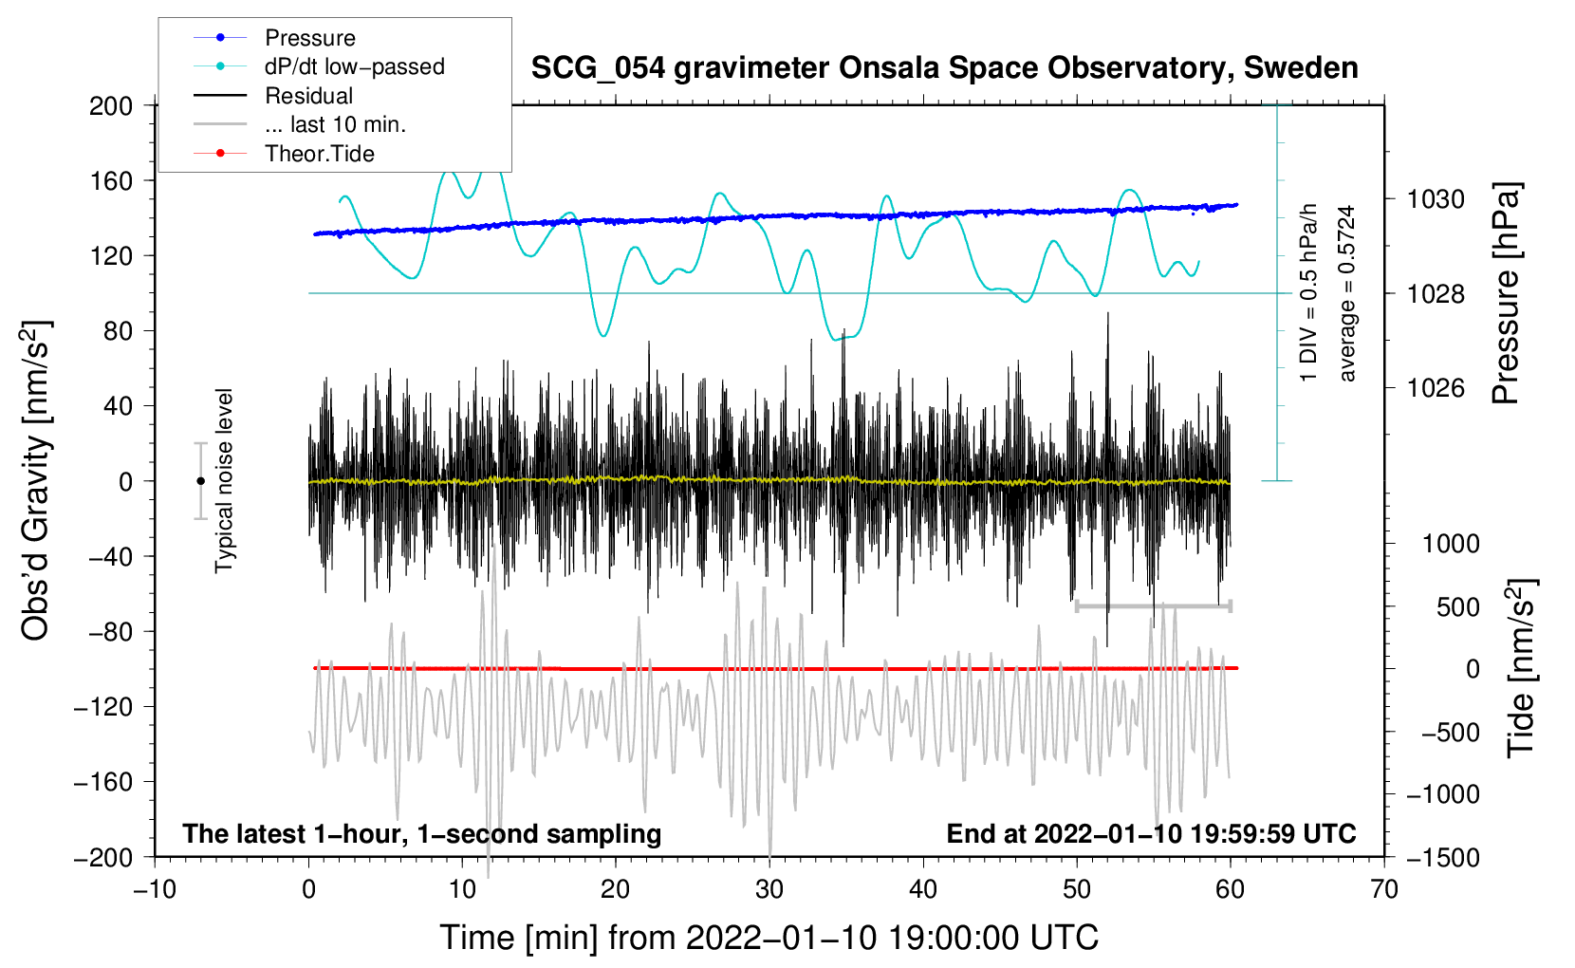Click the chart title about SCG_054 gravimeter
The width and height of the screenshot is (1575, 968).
(x=944, y=68)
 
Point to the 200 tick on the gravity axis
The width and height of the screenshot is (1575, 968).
(x=111, y=105)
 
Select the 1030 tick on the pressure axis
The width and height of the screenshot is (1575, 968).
(x=1436, y=199)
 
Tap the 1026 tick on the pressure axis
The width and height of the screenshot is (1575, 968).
(x=1436, y=388)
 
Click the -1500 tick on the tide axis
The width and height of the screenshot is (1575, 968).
(x=1443, y=857)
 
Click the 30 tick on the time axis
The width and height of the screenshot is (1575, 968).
(x=769, y=889)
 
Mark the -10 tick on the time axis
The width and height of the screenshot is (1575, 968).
(x=155, y=889)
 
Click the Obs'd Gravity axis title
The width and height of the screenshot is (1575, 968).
(x=36, y=480)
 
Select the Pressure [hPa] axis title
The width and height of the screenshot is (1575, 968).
(x=1506, y=294)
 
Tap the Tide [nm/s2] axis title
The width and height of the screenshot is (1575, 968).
(x=1521, y=668)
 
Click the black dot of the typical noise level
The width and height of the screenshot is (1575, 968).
(x=200, y=481)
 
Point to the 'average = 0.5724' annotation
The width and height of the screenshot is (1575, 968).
(x=1347, y=293)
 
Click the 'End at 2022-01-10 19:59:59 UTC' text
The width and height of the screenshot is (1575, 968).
(x=1151, y=833)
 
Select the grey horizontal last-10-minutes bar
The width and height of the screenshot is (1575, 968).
(x=1153, y=605)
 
